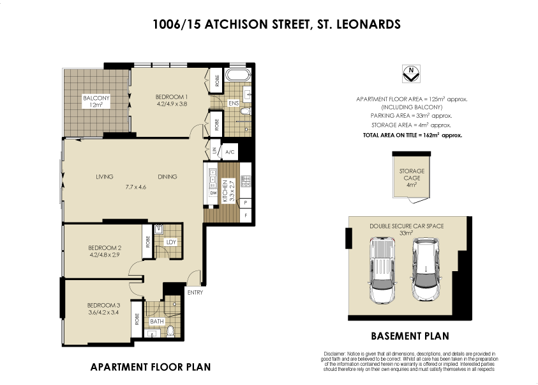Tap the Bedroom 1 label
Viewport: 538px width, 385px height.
[x=171, y=97]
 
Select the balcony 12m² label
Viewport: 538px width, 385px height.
[x=96, y=101]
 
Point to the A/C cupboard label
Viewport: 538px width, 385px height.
[x=231, y=152]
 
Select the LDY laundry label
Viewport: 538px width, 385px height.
[x=170, y=242]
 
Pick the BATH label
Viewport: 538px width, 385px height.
[x=156, y=320]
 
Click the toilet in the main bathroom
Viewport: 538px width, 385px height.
[x=170, y=332]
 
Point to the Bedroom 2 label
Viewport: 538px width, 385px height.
[x=105, y=247]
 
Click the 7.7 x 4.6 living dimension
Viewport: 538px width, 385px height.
[x=135, y=187]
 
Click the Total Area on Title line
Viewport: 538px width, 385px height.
[x=412, y=136]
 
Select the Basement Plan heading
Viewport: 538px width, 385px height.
[x=410, y=336]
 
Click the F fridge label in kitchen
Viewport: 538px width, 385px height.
[x=246, y=216]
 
